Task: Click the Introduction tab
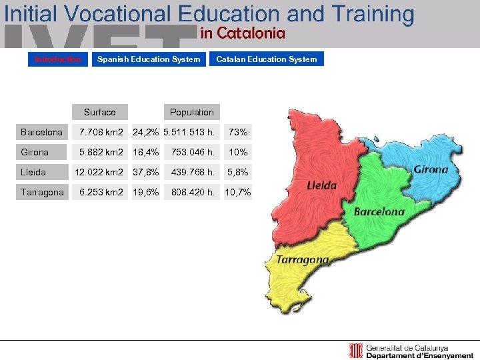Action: [58, 59]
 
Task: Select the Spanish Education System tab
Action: [149, 59]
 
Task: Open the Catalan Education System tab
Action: [267, 59]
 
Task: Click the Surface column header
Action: [100, 112]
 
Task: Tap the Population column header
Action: [192, 112]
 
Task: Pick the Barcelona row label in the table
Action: [41, 132]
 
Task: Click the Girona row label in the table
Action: [35, 152]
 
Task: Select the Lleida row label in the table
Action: [33, 172]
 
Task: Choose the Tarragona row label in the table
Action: [43, 192]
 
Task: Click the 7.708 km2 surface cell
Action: [101, 132]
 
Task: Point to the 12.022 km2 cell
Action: [99, 172]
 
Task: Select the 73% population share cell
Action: [238, 132]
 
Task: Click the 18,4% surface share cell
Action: [145, 152]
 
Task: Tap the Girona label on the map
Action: [431, 169]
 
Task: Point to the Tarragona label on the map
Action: [303, 259]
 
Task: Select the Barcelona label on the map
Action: [379, 212]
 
